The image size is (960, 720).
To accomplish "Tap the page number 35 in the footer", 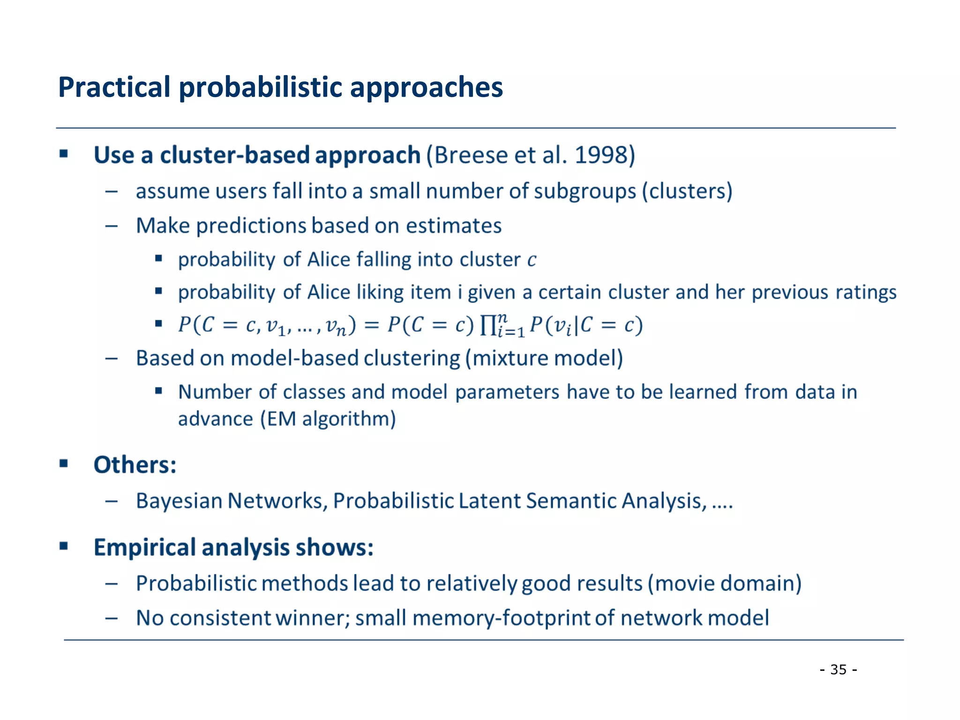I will pyautogui.click(x=838, y=669).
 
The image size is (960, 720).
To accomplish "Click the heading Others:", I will pyautogui.click(x=135, y=465).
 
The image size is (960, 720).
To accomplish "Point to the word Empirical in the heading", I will pyautogui.click(x=144, y=547).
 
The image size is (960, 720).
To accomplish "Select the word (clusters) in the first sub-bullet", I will pyautogui.click(x=687, y=191).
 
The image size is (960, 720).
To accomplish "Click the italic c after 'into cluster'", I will pyautogui.click(x=531, y=260).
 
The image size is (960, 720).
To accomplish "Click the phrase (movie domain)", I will pyautogui.click(x=725, y=584).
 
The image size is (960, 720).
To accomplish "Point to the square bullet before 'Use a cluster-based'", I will pyautogui.click(x=64, y=154).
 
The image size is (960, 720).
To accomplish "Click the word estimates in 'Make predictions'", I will pyautogui.click(x=453, y=226).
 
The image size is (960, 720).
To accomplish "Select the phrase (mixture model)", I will pyautogui.click(x=544, y=359).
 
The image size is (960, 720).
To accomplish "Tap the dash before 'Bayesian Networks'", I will pyautogui.click(x=111, y=501).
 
